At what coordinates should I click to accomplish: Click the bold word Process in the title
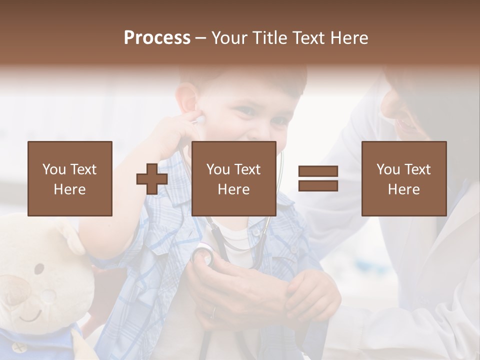(x=157, y=38)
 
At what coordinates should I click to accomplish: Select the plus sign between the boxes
(x=152, y=179)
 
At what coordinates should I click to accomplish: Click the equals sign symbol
(x=318, y=179)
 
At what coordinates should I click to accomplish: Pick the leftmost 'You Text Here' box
(x=70, y=178)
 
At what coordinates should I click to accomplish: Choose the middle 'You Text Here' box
(x=233, y=178)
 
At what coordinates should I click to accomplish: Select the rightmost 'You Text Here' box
(x=403, y=178)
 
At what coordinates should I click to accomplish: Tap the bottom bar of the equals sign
(x=318, y=186)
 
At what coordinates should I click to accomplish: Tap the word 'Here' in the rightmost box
(x=403, y=189)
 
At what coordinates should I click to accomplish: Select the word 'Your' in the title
(x=229, y=38)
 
